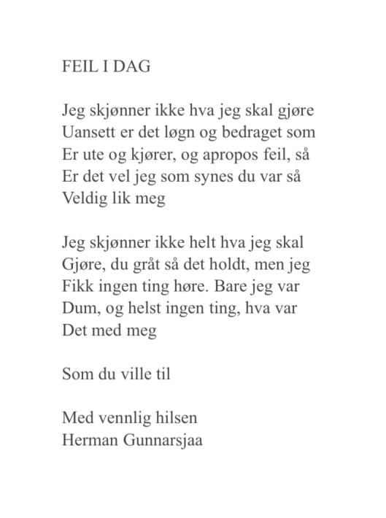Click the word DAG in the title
tap(131, 68)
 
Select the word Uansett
tap(89, 134)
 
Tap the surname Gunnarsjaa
tap(163, 441)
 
